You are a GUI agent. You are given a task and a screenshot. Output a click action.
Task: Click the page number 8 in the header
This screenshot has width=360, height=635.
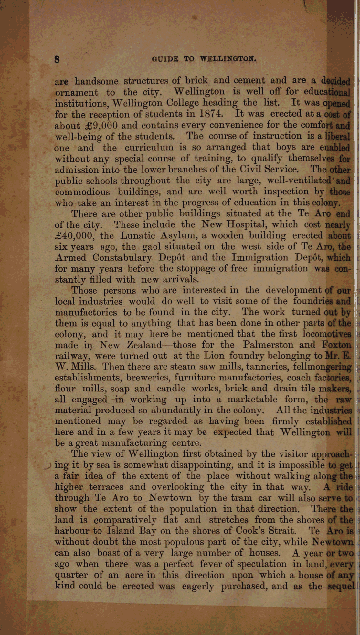(57, 59)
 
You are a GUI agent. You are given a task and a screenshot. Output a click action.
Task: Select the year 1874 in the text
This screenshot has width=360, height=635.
(210, 114)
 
